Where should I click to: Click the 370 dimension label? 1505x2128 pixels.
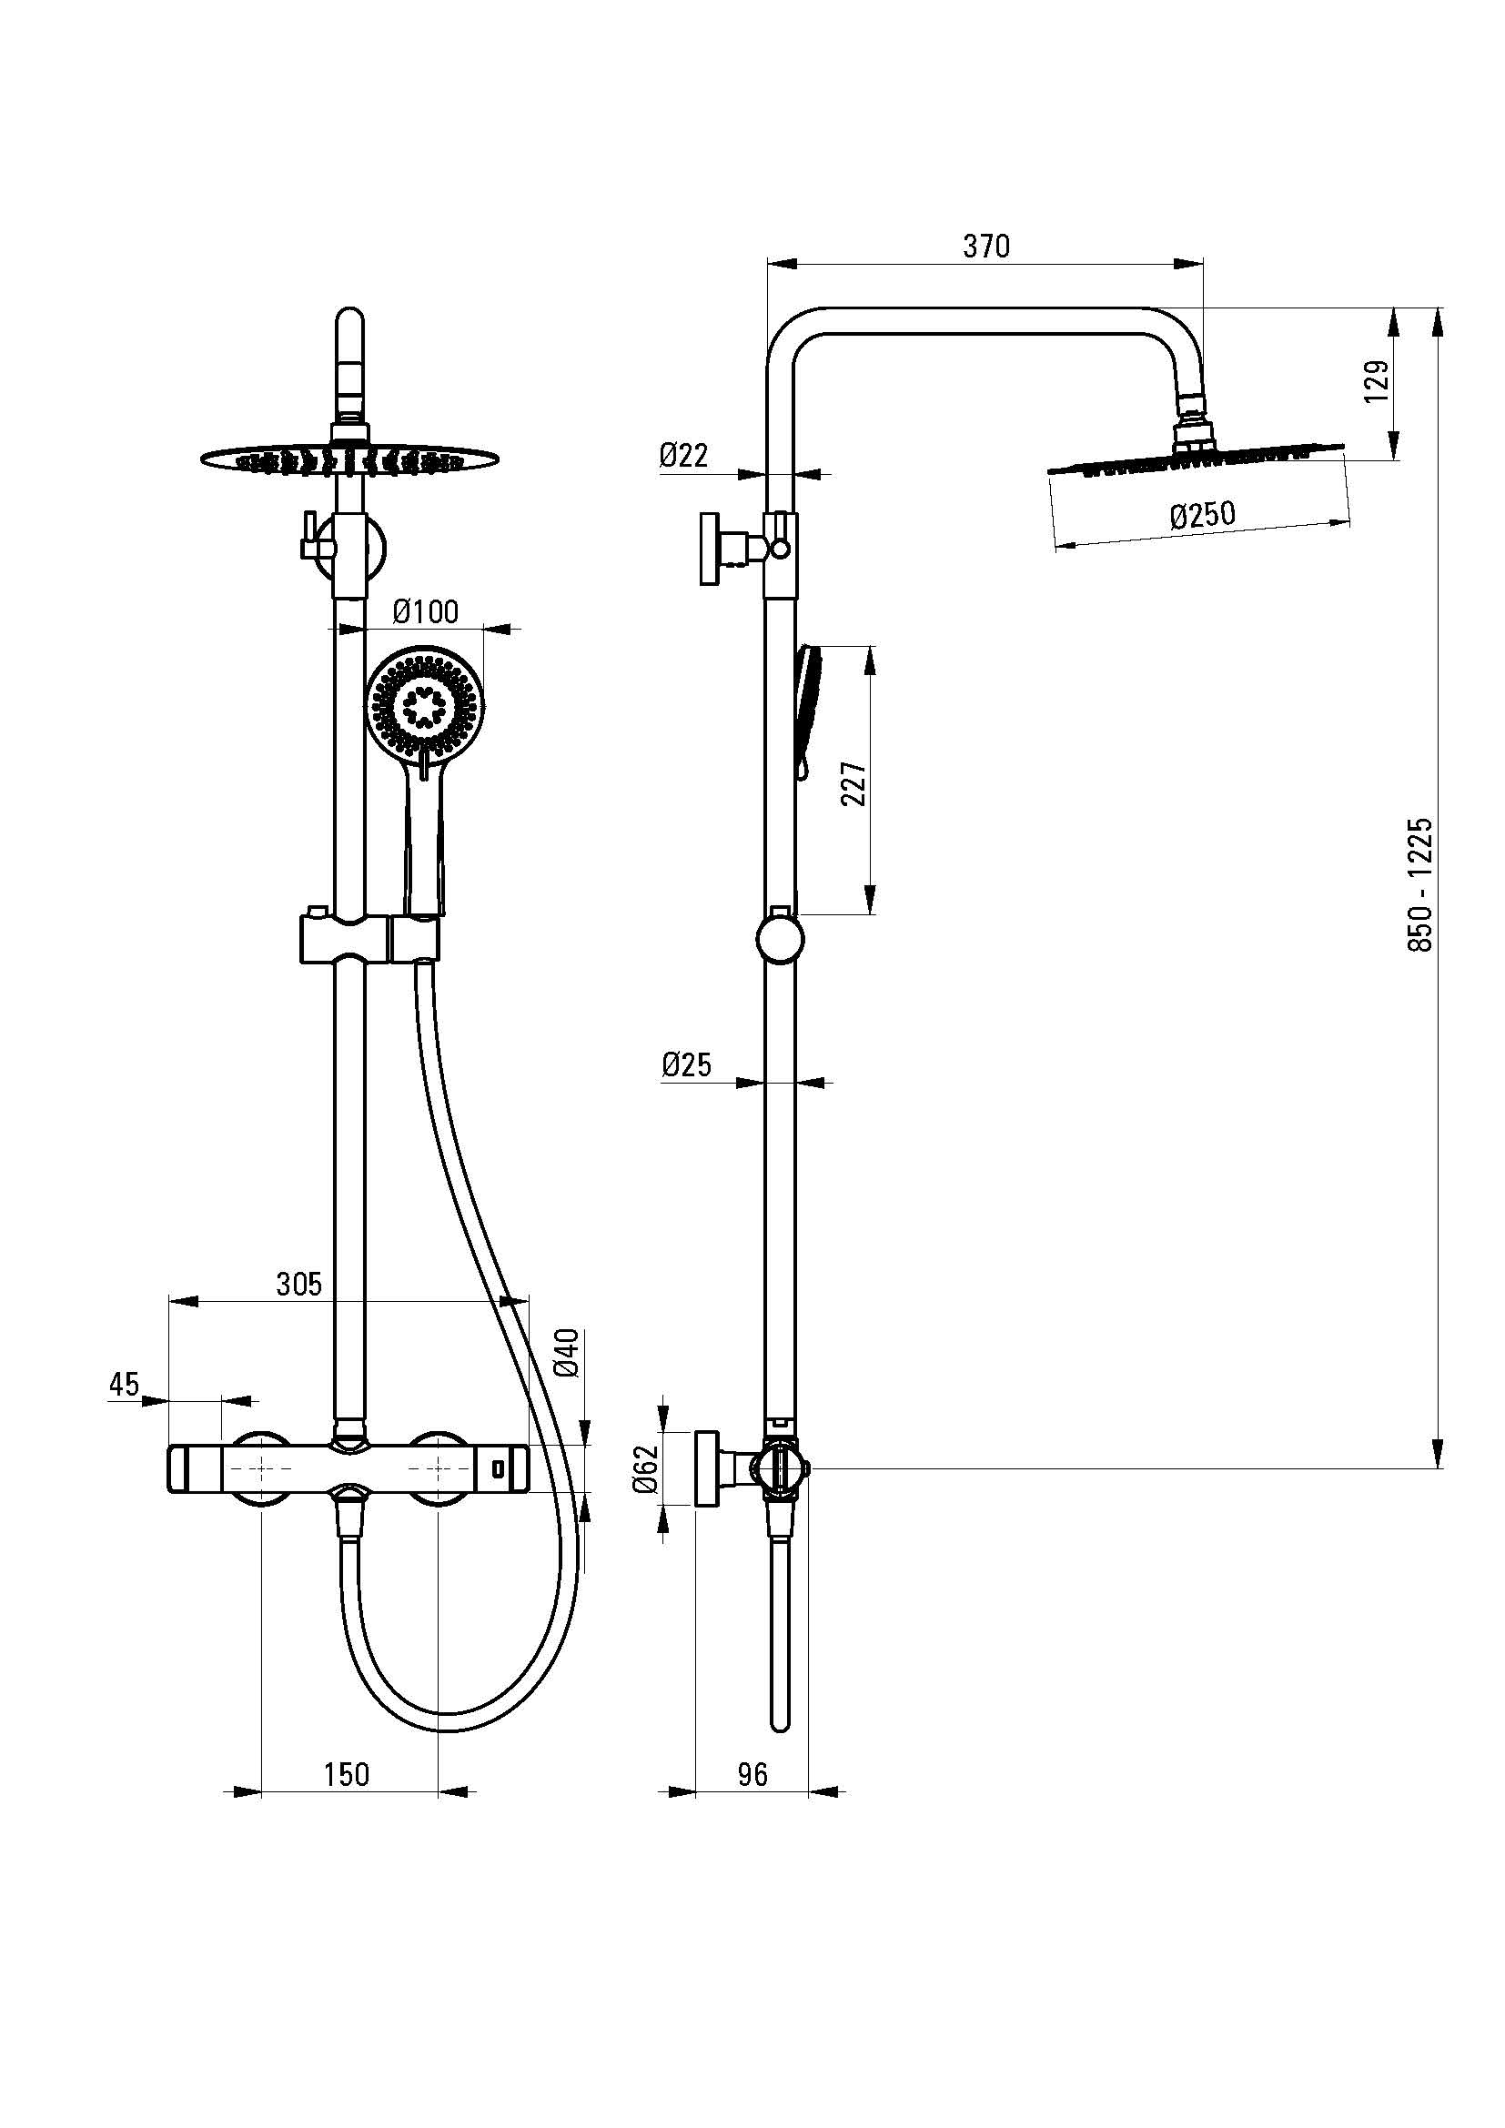(x=986, y=247)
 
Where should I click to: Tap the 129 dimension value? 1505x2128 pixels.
(x=1377, y=381)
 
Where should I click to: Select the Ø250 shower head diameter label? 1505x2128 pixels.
(x=1202, y=514)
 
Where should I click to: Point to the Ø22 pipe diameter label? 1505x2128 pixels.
(x=684, y=455)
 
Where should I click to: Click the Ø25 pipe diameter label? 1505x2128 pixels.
(x=687, y=1065)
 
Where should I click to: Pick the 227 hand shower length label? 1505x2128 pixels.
(x=854, y=783)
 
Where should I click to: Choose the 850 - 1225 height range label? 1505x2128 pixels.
(x=1419, y=884)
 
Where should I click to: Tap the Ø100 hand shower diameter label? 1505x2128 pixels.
(x=425, y=611)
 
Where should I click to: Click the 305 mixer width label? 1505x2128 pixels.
(x=299, y=1284)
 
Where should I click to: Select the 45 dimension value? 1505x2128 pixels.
(x=123, y=1385)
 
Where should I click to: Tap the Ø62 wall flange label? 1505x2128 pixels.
(x=646, y=1470)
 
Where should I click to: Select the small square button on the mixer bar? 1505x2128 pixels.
(x=498, y=1469)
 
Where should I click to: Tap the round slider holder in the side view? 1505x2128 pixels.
(x=781, y=938)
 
